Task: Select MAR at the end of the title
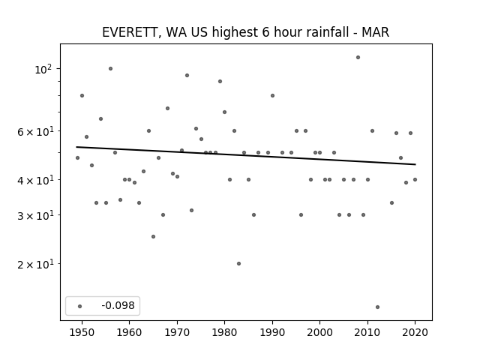[375, 32]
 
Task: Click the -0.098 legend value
[118, 305]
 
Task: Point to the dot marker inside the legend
[80, 306]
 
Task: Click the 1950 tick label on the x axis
[82, 332]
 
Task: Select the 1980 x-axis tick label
[224, 332]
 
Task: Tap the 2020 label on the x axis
[415, 332]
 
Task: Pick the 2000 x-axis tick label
[320, 332]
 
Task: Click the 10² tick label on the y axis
[43, 69]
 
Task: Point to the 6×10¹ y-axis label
[35, 132]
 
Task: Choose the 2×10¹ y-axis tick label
[35, 264]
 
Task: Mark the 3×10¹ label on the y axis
[35, 215]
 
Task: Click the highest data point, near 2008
[358, 57]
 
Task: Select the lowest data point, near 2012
[377, 307]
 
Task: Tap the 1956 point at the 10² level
[110, 68]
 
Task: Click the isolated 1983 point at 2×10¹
[238, 263]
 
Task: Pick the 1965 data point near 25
[153, 237]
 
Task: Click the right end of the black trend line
[415, 164]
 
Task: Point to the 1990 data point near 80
[272, 95]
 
